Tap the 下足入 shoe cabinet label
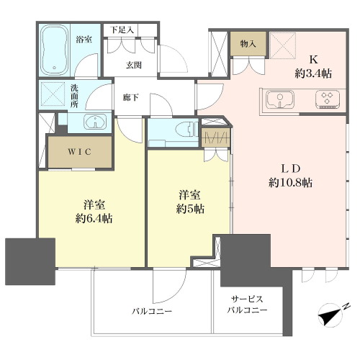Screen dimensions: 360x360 (122, 30)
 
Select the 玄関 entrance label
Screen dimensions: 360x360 (134, 65)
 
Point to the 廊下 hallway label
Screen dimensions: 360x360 (130, 97)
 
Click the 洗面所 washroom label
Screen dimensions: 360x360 (74, 96)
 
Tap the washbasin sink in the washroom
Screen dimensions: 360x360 (95, 121)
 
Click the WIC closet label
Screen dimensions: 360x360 (79, 152)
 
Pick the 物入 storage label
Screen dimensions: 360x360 (248, 44)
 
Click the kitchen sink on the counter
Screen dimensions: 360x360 (280, 99)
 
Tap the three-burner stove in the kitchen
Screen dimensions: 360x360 (327, 99)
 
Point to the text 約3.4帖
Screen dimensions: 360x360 (313, 73)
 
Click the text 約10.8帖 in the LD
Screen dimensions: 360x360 (291, 183)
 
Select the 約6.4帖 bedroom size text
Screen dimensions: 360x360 (94, 218)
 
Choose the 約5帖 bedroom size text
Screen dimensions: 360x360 (190, 209)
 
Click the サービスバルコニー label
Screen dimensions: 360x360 (247, 305)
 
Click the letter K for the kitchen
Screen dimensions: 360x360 (313, 60)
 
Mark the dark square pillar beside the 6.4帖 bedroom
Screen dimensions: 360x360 (30, 261)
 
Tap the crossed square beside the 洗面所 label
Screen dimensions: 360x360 (53, 94)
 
